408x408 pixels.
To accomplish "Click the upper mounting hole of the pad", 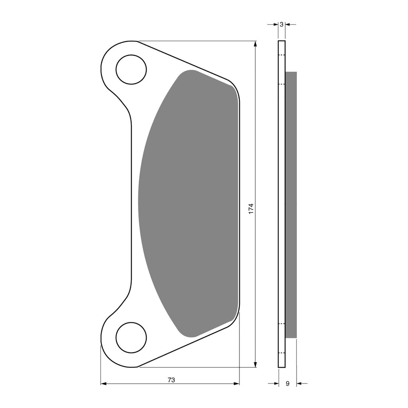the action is point(131,69).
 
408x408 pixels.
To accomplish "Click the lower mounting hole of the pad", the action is point(131,338).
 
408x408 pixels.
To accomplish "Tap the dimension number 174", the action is point(251,209).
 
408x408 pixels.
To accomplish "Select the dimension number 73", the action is point(171,380).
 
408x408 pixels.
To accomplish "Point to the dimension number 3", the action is point(282,24).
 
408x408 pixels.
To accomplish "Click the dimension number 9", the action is point(288,383).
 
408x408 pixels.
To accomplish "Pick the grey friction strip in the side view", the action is point(291,205).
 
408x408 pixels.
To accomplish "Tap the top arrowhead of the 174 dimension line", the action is point(255,44).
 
